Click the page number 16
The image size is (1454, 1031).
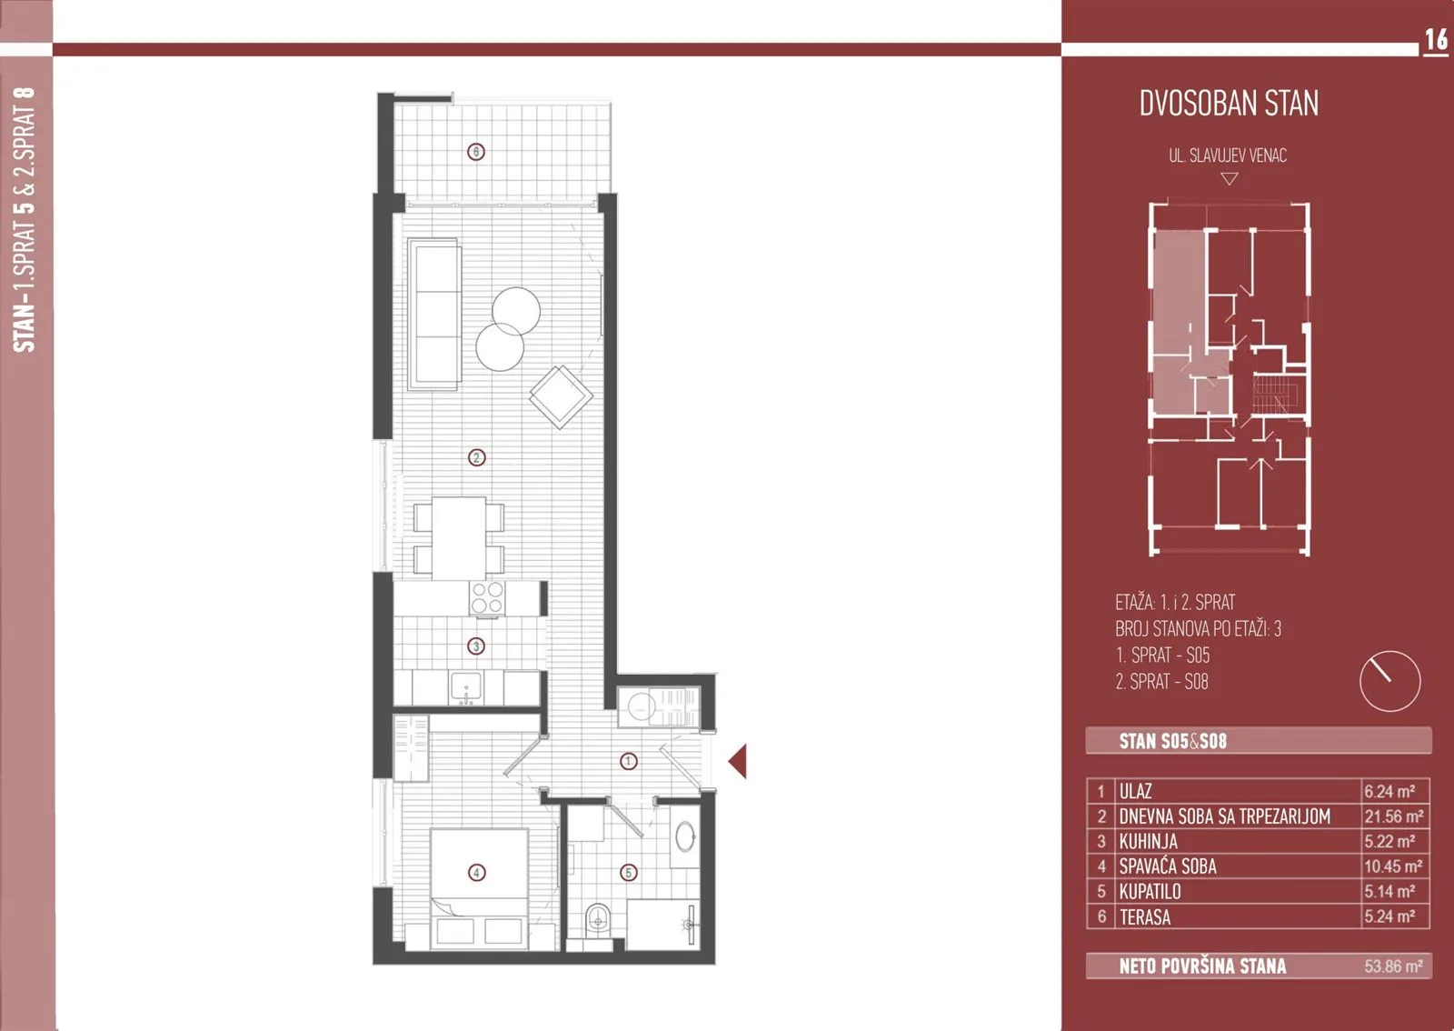point(1436,40)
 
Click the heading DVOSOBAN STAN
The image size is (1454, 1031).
point(1229,104)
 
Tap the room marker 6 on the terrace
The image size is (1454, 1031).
point(476,152)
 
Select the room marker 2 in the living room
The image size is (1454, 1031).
point(476,457)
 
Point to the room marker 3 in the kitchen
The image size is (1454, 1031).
point(476,646)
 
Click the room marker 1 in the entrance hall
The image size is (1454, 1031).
point(628,761)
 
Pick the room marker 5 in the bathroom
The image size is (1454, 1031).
point(628,873)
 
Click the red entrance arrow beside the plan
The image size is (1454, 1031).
point(737,761)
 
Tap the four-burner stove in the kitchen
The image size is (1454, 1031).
point(487,597)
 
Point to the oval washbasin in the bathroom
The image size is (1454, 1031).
point(685,836)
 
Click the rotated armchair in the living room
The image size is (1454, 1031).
point(561,396)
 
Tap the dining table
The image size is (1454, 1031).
point(459,538)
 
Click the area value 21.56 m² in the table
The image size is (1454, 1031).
point(1394,816)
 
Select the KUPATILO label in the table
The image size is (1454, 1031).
point(1150,891)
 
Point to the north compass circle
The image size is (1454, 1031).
point(1389,681)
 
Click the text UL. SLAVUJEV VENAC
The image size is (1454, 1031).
point(1228,155)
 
